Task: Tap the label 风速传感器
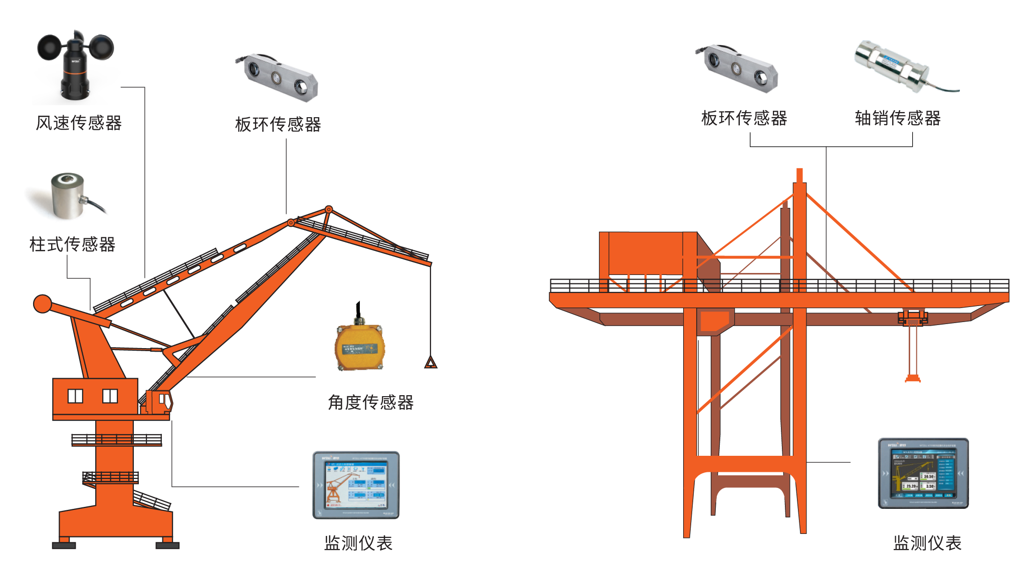point(79,123)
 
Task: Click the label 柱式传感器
point(72,244)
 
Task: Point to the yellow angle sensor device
point(359,346)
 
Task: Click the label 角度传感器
point(370,402)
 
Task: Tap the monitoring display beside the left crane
point(356,485)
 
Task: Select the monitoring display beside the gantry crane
point(923,473)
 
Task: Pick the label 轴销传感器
point(897,118)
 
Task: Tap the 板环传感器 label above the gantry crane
point(744,118)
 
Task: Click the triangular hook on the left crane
point(431,362)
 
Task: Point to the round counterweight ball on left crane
point(43,304)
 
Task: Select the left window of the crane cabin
point(75,396)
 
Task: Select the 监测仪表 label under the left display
point(358,543)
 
